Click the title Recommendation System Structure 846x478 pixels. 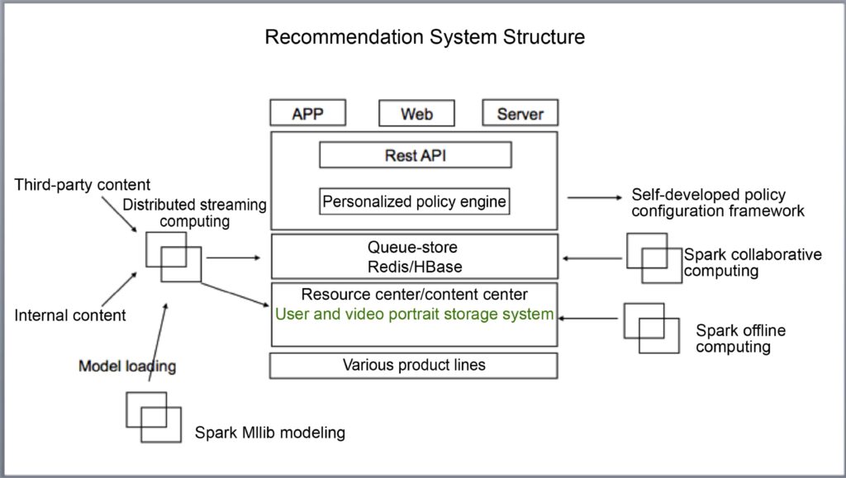pos(424,37)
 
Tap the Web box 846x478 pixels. pos(416,114)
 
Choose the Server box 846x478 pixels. pos(520,114)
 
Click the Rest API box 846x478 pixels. pos(415,155)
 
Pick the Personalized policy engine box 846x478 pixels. pos(414,201)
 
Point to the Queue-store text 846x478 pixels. pos(412,246)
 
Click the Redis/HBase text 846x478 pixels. pos(414,266)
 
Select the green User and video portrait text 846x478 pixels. pos(414,314)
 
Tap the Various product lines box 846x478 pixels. pos(414,365)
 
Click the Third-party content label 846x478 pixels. pos(83,184)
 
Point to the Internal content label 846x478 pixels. pos(70,315)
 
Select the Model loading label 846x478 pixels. pos(127,366)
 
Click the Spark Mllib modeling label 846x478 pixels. pos(269,432)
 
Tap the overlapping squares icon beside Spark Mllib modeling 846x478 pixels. pos(153,417)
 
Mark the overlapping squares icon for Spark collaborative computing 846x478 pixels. pos(654,258)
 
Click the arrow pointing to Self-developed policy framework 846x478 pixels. pos(594,198)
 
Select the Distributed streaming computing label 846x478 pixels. pos(195,213)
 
